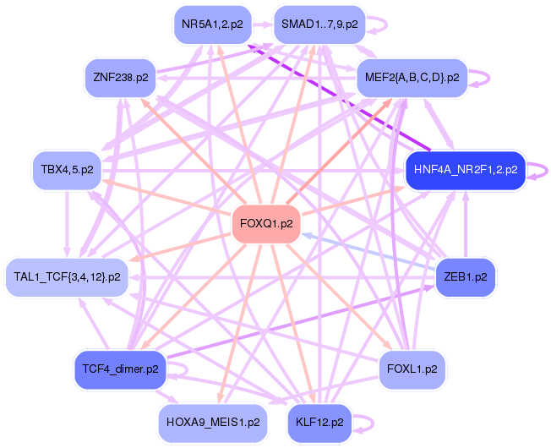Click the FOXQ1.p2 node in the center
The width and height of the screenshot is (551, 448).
pos(266,224)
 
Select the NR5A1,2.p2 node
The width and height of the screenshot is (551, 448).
pos(213,25)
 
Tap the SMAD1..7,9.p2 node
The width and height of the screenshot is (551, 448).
pos(319,25)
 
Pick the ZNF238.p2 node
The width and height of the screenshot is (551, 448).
pos(121,78)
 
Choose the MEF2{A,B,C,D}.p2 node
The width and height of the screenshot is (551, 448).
pos(412,78)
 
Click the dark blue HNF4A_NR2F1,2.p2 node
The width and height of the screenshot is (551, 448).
pos(466,170)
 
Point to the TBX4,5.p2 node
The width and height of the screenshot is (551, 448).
pos(67,170)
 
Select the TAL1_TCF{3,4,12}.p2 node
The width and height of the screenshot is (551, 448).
pos(67,277)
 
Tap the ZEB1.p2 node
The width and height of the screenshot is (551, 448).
pos(466,277)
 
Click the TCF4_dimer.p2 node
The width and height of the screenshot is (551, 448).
pos(121,369)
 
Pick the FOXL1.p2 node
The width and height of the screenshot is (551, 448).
pos(412,369)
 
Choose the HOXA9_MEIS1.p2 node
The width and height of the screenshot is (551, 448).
pos(213,423)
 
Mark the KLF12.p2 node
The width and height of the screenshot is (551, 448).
pos(319,423)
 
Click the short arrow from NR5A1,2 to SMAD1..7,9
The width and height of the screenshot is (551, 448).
pos(263,25)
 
